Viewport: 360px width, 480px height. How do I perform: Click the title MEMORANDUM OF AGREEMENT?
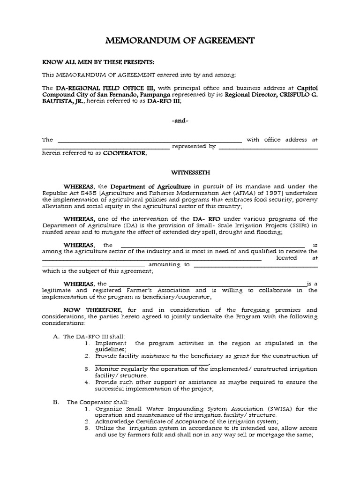point(180,41)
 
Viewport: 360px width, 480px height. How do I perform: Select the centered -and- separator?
point(180,120)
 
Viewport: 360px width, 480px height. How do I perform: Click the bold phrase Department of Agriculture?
point(150,186)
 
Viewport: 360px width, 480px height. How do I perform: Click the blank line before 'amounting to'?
point(94,265)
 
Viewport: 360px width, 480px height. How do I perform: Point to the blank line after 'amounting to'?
point(255,265)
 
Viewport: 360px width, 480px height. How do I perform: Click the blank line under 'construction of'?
point(151,363)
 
